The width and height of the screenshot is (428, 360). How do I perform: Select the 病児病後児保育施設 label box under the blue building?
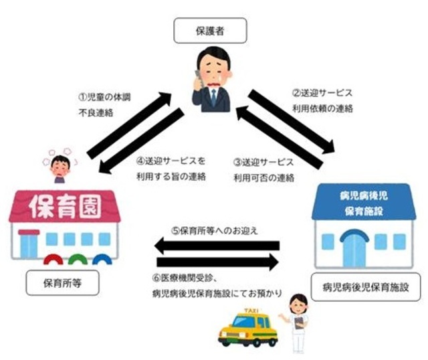(361, 290)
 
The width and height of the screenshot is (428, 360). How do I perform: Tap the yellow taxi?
(248, 328)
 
